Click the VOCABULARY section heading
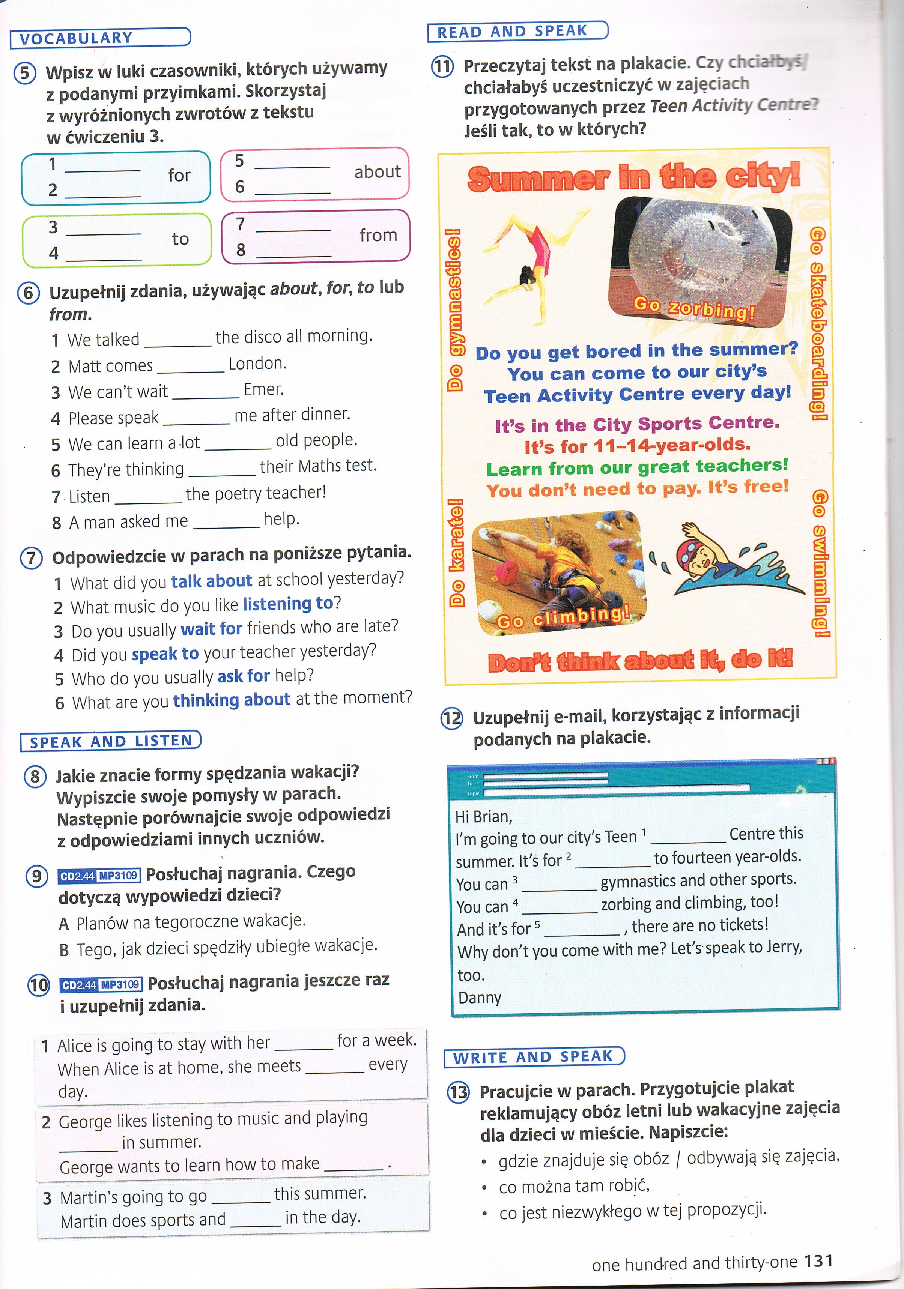click(x=76, y=38)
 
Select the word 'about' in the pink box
click(x=377, y=172)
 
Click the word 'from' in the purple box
click(x=378, y=235)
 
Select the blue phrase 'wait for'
click(x=211, y=629)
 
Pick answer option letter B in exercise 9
click(x=65, y=950)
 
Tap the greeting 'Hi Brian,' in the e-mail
click(x=484, y=816)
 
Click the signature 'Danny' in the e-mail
click(x=480, y=998)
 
